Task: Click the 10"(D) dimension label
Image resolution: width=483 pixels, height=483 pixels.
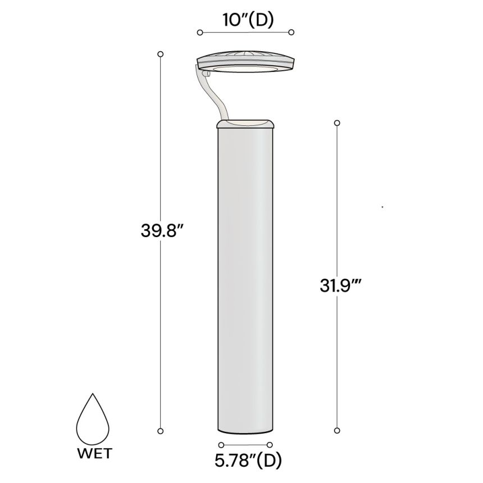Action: coord(245,20)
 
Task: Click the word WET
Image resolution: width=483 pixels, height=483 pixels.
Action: coord(94,453)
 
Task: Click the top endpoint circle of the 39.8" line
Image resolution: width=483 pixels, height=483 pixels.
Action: coord(161,54)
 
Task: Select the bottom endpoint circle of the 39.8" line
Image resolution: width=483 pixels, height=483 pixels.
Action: coord(161,431)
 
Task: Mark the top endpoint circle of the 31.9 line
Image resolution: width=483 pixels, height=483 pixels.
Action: coord(337,122)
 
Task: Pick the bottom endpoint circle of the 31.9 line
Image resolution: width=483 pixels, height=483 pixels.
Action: coord(337,431)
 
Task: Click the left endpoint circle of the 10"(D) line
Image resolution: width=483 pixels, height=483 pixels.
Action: coord(200,33)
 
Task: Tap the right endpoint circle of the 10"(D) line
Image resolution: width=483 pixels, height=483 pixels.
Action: coord(291,33)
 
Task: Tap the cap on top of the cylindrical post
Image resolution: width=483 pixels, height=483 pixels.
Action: coord(245,124)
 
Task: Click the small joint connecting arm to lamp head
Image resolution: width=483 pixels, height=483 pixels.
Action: coord(205,72)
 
